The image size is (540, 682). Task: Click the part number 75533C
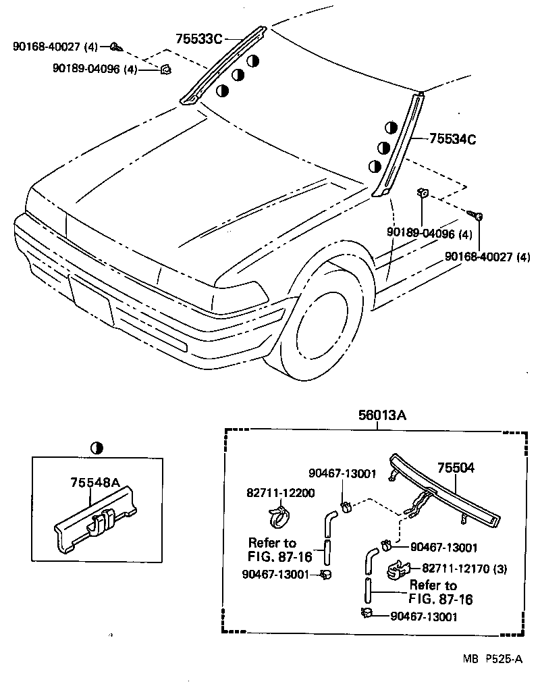tap(199, 39)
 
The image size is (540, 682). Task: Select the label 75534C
tap(452, 140)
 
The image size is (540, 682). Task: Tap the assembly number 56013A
tap(382, 417)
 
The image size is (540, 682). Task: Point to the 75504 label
tap(456, 468)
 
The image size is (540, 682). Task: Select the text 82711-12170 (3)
tap(464, 569)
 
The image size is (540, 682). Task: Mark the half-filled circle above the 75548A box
tap(97, 448)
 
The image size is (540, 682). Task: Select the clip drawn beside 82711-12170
tap(399, 571)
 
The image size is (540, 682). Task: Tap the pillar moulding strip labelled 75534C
tap(400, 145)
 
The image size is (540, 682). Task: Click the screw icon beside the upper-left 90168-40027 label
tap(115, 47)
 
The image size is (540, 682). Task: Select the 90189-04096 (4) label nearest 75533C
tap(94, 69)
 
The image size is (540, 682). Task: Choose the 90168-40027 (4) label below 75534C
tap(487, 257)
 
